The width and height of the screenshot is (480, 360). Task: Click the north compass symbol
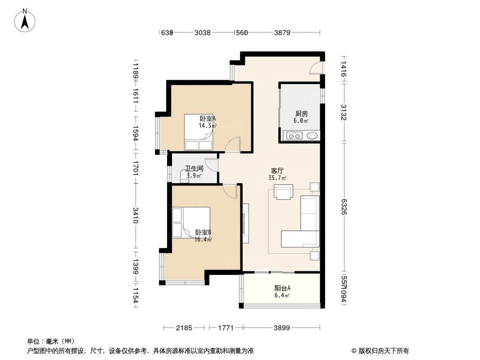pyautogui.click(x=26, y=20)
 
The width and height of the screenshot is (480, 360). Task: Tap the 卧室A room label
pyautogui.click(x=208, y=119)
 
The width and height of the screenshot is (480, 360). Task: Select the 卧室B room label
pyautogui.click(x=203, y=233)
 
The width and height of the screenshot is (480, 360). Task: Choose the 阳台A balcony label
pyautogui.click(x=282, y=288)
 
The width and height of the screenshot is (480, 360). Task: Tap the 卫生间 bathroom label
pyautogui.click(x=194, y=169)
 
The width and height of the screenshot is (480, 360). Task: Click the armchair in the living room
pyautogui.click(x=283, y=192)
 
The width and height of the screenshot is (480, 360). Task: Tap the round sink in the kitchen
pyautogui.click(x=312, y=135)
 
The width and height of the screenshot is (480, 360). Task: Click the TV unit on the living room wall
pyautogui.click(x=245, y=223)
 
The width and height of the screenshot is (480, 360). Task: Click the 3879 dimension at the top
pyautogui.click(x=282, y=32)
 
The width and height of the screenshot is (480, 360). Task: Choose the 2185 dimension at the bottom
pyautogui.click(x=184, y=328)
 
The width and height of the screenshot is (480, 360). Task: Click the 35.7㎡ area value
pyautogui.click(x=277, y=178)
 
